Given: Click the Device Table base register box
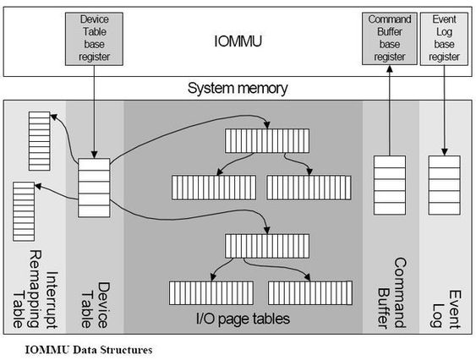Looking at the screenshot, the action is (94, 39).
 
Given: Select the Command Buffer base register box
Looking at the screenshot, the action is (390, 39).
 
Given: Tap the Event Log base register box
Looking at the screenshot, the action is (444, 39).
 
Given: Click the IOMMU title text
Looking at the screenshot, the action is (238, 41).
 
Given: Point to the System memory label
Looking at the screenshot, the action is (238, 89).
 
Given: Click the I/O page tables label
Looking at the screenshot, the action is (243, 319).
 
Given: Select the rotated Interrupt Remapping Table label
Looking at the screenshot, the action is (35, 290).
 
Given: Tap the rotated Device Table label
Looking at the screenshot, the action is (96, 305).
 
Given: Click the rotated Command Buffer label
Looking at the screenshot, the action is (391, 293).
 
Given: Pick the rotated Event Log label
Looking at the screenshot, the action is (446, 309).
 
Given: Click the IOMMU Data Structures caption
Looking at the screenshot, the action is (89, 350).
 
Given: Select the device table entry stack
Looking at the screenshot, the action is (94, 188).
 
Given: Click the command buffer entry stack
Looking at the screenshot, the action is (390, 185).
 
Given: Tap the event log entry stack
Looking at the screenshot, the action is (444, 185).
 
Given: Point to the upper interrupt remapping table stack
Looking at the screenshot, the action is (39, 141).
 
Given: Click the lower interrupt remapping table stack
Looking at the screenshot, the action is (24, 211).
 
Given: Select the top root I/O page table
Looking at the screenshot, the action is (267, 141).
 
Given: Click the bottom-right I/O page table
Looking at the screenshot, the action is (310, 293).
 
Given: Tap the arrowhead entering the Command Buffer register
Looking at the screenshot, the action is (390, 68).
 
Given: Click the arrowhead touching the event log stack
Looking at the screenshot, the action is (444, 152).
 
